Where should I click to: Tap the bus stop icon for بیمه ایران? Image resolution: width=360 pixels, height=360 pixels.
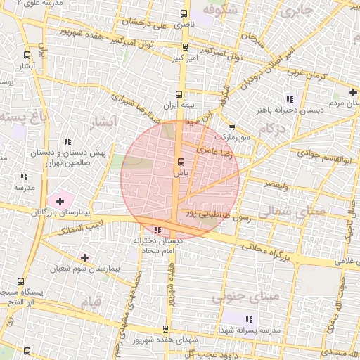[x=179, y=94]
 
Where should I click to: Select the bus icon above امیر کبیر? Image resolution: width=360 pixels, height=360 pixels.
[x=185, y=48]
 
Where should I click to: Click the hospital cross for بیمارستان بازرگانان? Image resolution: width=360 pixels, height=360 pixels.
[x=60, y=202]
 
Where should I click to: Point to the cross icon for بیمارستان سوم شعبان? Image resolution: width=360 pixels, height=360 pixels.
[x=85, y=258]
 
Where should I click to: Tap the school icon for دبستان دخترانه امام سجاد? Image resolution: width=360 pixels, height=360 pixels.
[x=157, y=230]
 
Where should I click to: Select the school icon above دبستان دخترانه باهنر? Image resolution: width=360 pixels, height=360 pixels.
[x=289, y=98]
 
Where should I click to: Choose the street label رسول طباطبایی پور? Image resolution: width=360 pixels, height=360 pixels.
[x=216, y=215]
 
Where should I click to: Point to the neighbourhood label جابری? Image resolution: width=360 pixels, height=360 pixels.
[x=294, y=11]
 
